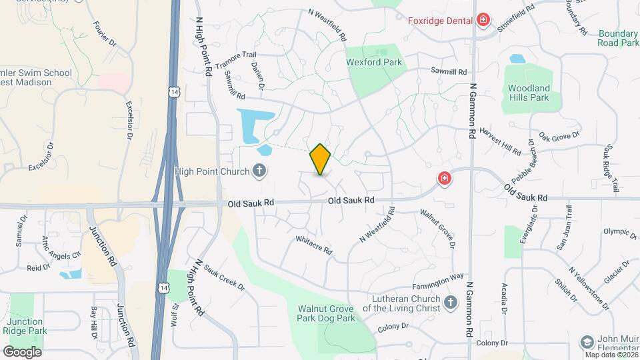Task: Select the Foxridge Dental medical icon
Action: [483, 21]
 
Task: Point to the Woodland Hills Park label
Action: [529, 93]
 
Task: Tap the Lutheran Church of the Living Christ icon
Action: [451, 303]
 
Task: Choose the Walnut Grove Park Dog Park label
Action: [326, 313]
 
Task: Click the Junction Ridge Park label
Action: [28, 326]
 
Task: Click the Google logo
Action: [22, 351]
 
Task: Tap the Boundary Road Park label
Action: [618, 38]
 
